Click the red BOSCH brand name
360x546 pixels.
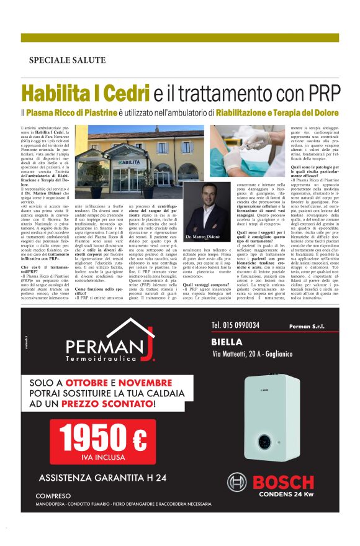click(282, 481)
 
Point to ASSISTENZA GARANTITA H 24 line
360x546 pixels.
click(102, 478)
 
